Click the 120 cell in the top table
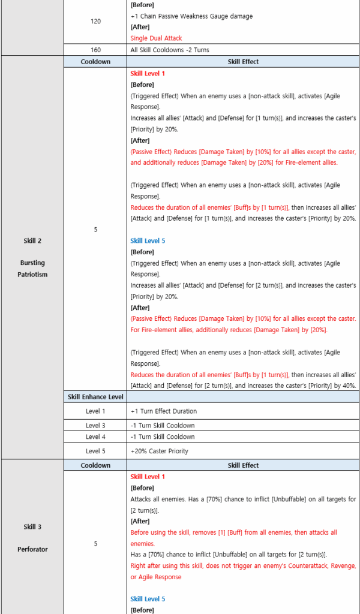coord(95,21)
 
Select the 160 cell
coord(95,50)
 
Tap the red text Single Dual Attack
coord(156,38)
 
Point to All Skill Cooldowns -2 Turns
coord(170,50)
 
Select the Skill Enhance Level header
coord(95,397)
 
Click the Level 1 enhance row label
coord(95,411)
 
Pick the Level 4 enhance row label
coord(95,437)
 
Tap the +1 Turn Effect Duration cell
coord(163,411)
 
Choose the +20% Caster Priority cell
coord(160,451)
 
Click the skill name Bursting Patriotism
coord(32,269)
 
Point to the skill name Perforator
coord(32,549)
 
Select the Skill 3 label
coord(32,527)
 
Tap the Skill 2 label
coord(32,241)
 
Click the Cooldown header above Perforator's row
coord(95,465)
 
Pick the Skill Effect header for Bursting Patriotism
coord(242,62)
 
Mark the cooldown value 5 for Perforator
coord(95,544)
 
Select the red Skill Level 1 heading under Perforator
coord(148,477)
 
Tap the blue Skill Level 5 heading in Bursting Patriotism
coord(148,241)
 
